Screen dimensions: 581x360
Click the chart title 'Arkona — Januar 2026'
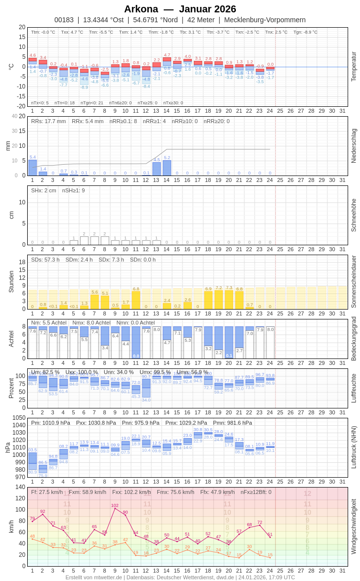click(x=180, y=9)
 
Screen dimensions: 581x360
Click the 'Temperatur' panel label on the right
click(x=354, y=67)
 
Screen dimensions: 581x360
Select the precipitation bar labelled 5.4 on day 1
click(x=33, y=168)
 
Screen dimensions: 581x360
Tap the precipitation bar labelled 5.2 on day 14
click(x=167, y=168)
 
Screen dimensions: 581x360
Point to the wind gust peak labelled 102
click(x=115, y=508)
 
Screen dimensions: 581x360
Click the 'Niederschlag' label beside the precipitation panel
click(x=354, y=146)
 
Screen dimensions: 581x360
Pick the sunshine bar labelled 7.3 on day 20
click(x=229, y=300)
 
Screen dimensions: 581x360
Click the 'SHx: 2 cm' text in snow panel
click(x=43, y=190)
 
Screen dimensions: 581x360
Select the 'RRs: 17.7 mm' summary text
click(x=48, y=121)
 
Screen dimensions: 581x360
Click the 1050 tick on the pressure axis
click(x=19, y=418)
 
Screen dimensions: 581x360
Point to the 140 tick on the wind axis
click(x=20, y=487)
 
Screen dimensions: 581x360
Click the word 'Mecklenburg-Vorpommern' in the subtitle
click(x=265, y=20)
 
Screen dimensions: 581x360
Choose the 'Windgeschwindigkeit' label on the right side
click(x=354, y=526)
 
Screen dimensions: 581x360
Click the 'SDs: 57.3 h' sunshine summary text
click(x=45, y=260)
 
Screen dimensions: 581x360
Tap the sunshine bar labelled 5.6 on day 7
click(x=94, y=302)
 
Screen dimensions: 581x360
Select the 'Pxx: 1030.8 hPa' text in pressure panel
click(x=96, y=423)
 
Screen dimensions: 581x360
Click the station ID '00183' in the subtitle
click(x=64, y=20)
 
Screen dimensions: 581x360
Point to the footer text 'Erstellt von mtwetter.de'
click(x=94, y=577)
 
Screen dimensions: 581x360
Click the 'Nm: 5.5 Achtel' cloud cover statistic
click(x=48, y=322)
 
